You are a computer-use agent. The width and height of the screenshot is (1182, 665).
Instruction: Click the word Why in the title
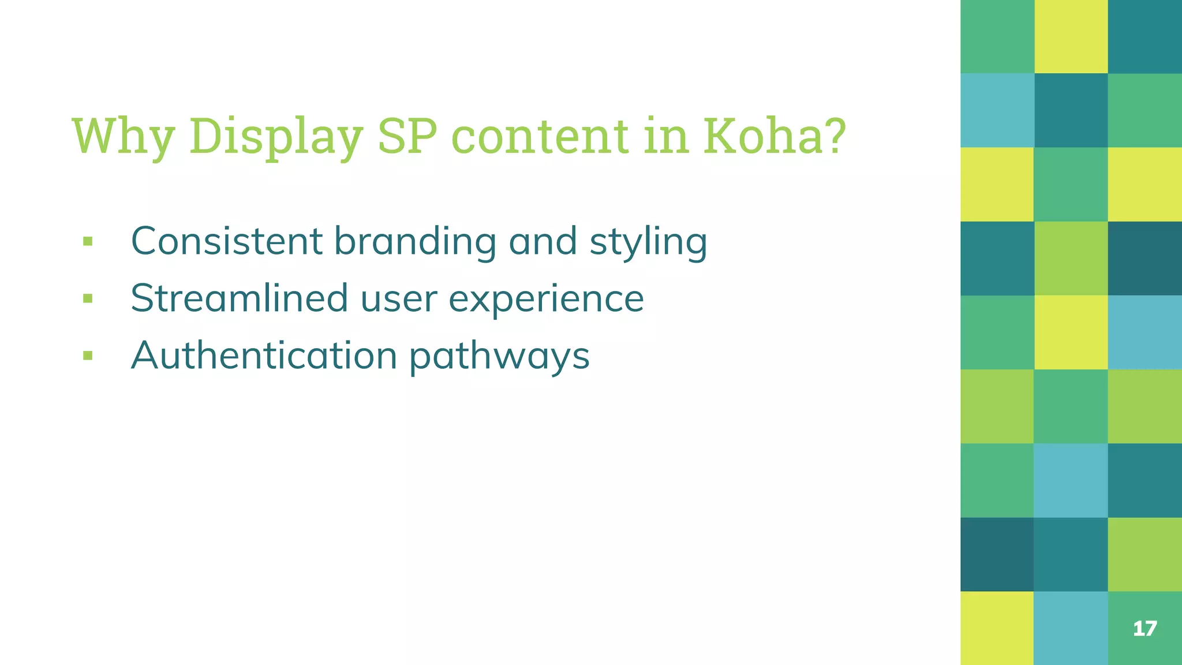coord(122,136)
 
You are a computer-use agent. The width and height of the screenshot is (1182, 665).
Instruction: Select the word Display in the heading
coord(276,136)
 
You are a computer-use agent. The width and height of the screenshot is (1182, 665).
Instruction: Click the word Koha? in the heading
coord(774,136)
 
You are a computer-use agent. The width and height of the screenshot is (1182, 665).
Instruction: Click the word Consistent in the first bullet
coord(226,241)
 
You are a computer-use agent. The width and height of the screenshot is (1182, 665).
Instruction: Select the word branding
coord(415,241)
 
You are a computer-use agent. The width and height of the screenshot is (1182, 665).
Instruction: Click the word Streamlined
coord(239,298)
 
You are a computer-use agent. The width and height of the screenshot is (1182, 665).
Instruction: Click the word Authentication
coord(264,355)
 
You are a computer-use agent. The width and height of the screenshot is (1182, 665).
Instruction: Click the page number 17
coord(1144,629)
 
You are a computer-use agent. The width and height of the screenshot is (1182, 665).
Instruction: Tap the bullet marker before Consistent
coord(88,241)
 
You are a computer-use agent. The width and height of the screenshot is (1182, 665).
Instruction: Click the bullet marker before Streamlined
coord(88,298)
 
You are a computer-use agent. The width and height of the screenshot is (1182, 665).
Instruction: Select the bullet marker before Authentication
coord(88,355)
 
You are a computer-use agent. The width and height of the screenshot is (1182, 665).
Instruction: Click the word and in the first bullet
coord(543,241)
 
